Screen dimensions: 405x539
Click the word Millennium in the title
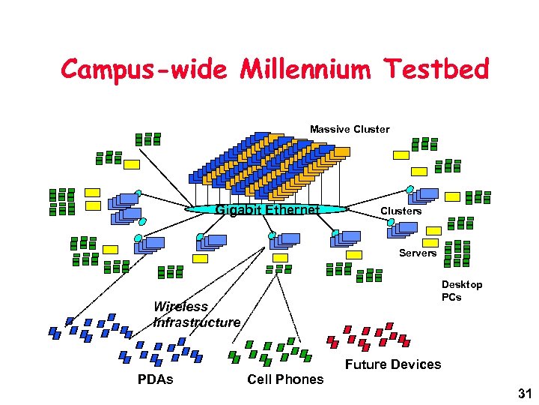(x=305, y=70)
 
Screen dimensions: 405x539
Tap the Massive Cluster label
(x=350, y=129)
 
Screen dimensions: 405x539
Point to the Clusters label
(x=401, y=211)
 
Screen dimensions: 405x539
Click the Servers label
(x=417, y=253)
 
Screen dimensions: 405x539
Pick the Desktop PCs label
(x=461, y=290)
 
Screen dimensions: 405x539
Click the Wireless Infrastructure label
(x=196, y=314)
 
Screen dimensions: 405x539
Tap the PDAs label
(x=155, y=379)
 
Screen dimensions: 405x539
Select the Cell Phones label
(x=285, y=379)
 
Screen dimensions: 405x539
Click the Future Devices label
(x=392, y=364)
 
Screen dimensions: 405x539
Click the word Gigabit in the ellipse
(x=237, y=209)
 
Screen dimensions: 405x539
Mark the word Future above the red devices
(x=366, y=364)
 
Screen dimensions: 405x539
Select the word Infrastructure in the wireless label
(x=196, y=322)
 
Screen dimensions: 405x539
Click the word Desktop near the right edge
(x=461, y=284)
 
